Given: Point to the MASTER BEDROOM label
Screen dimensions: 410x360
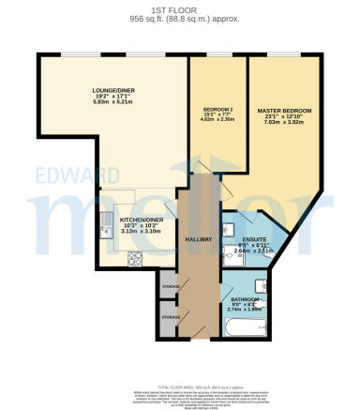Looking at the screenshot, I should click(x=284, y=111).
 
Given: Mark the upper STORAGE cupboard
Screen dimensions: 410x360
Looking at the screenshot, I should click(x=170, y=285).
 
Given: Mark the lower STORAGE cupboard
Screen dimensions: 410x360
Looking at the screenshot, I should click(x=170, y=316).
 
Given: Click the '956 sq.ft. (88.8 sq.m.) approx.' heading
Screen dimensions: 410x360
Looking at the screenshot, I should click(x=180, y=19).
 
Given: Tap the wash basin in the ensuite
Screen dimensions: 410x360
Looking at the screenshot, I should click(x=229, y=229).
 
